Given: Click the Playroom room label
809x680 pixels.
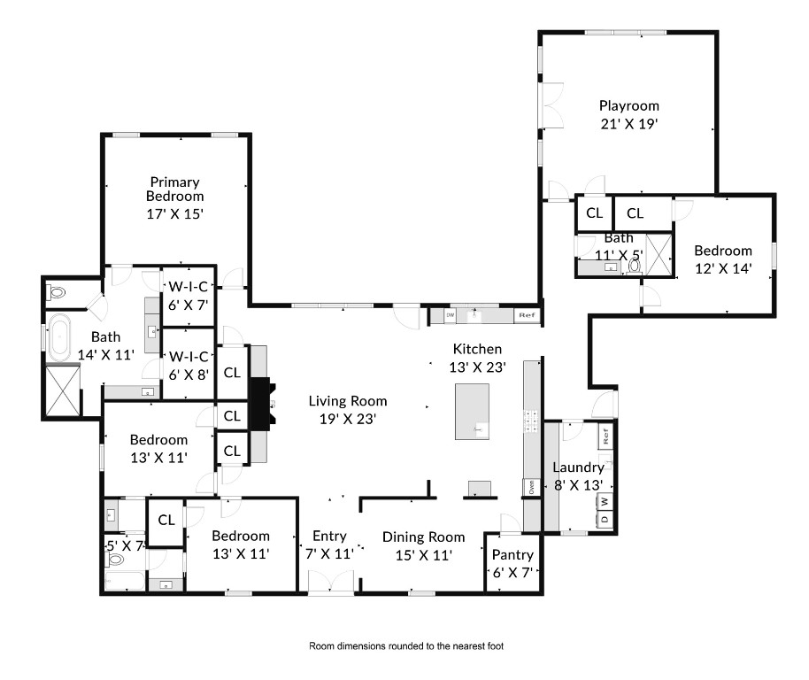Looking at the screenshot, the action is tap(629, 105).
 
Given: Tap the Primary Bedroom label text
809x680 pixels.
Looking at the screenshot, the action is tap(175, 189).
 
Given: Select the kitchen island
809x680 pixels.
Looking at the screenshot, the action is tap(472, 411).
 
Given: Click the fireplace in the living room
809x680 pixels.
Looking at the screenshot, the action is tap(262, 404).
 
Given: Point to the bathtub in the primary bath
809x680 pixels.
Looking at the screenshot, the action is tap(59, 337).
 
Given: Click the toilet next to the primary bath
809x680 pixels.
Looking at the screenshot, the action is tap(57, 293).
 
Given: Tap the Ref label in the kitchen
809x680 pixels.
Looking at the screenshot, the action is tap(527, 315).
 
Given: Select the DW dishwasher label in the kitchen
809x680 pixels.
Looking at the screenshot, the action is tap(450, 314).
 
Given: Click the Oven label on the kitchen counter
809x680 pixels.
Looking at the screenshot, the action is tap(531, 487).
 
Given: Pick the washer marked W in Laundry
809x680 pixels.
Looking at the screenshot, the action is tap(605, 501).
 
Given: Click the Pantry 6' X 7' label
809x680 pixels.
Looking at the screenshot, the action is tap(512, 563).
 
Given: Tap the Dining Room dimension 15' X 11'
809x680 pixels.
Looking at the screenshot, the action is tap(424, 555).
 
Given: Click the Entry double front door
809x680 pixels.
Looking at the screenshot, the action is tap(331, 582).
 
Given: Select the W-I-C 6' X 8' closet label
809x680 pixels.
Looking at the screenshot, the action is tap(189, 366).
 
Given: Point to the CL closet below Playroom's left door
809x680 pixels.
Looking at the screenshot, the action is tap(595, 213).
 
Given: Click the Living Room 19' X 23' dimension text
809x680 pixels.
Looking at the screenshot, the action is tap(347, 419).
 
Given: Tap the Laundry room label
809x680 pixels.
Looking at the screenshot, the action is tap(578, 467).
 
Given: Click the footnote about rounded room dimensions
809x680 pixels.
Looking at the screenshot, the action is tap(406, 646).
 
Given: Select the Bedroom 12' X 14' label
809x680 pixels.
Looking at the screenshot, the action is tap(723, 259).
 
